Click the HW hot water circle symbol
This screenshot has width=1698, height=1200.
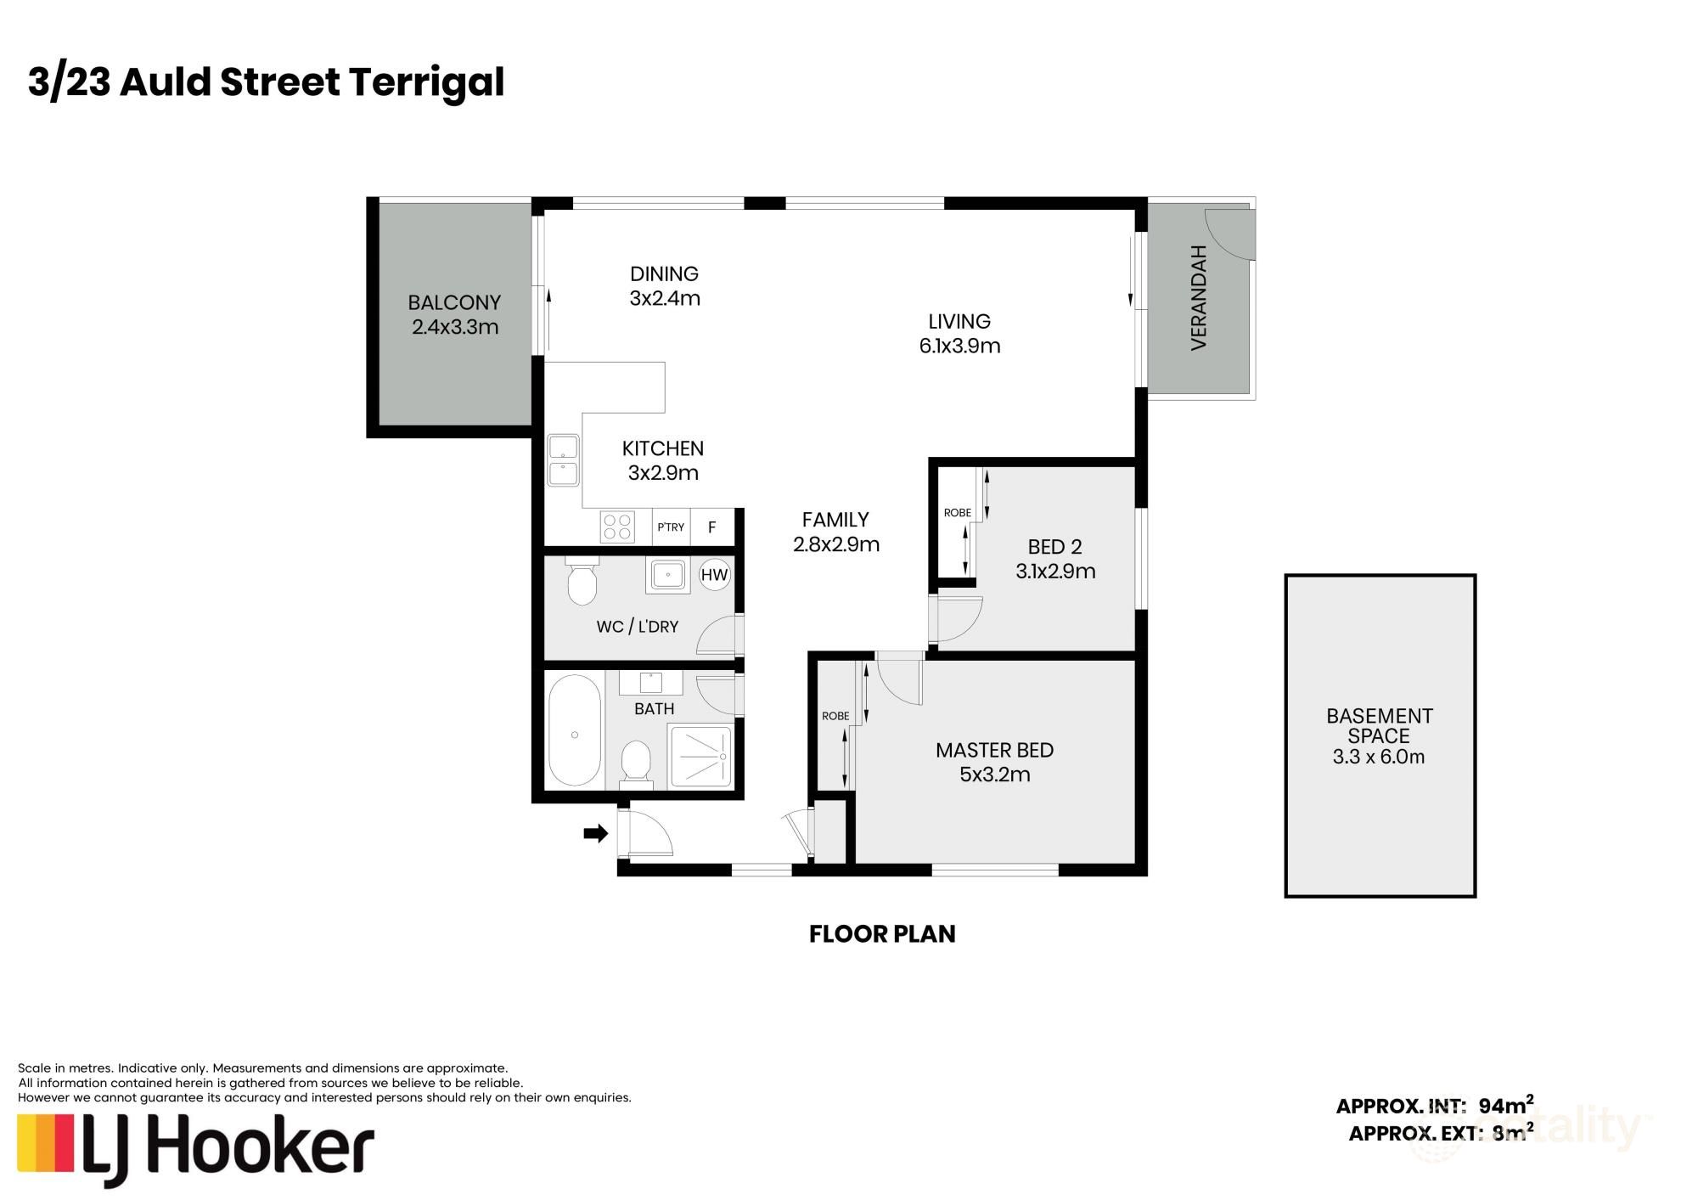714,575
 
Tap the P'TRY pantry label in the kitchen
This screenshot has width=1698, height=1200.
671,527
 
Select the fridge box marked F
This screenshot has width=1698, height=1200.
711,527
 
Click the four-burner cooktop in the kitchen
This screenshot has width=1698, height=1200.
616,526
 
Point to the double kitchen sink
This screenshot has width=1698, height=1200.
563,460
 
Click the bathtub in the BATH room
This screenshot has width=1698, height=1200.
575,731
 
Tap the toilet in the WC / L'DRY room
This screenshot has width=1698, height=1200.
582,581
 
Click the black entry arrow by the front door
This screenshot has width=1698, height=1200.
595,833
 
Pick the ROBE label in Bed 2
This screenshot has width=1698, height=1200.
958,513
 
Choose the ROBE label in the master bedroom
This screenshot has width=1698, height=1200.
835,716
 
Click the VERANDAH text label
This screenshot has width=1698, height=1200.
1199,297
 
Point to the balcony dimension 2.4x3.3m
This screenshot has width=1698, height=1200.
455,327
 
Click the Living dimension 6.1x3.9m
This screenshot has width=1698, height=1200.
959,346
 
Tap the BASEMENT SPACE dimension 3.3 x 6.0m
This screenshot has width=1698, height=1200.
1379,757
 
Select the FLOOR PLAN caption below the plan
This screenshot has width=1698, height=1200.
882,934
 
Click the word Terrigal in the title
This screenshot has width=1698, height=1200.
426,83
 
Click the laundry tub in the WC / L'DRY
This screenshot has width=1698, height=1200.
668,575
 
